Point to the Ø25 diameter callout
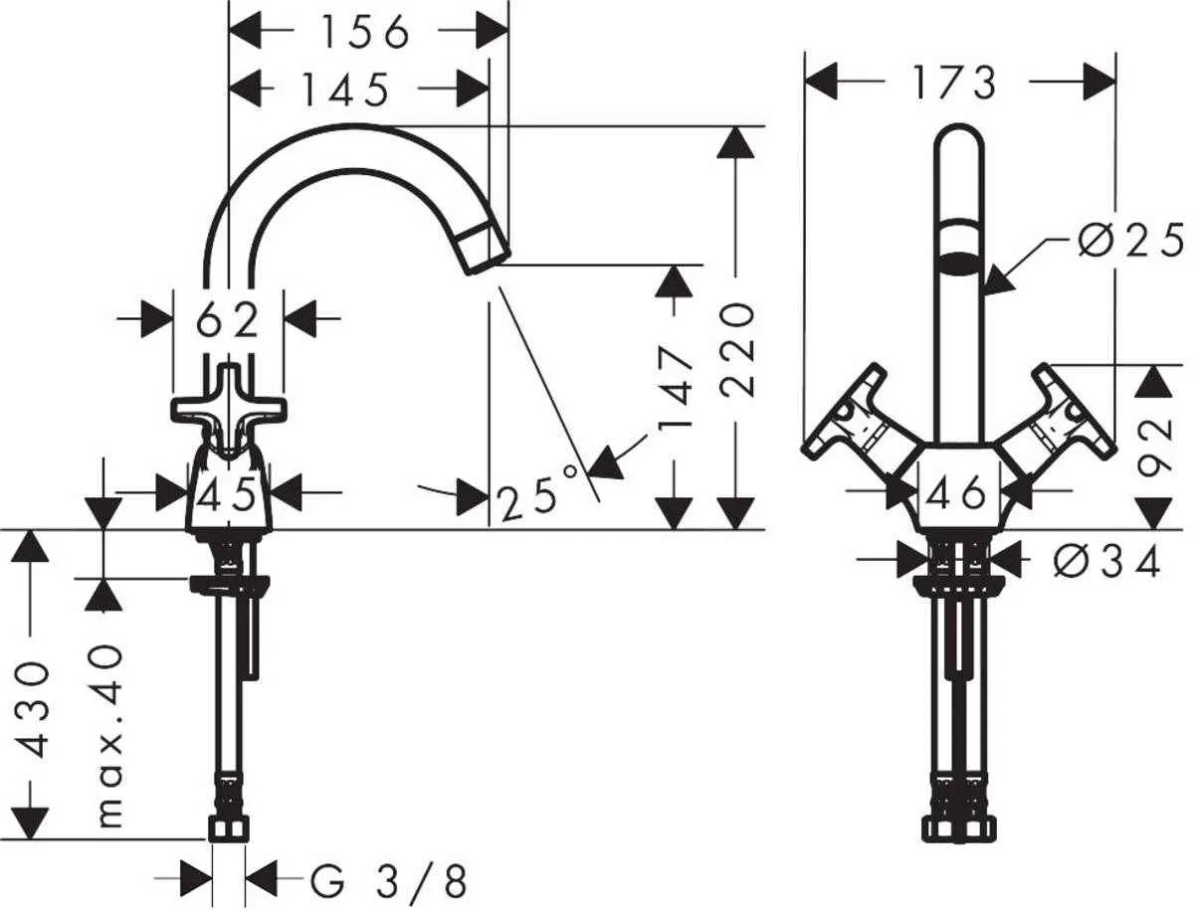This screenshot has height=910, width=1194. pyautogui.click(x=1130, y=242)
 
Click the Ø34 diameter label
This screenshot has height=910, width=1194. pyautogui.click(x=1106, y=563)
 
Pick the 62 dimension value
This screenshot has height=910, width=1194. pyautogui.click(x=228, y=320)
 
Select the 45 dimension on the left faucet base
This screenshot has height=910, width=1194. pyautogui.click(x=229, y=492)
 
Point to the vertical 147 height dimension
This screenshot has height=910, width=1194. pyautogui.click(x=677, y=387)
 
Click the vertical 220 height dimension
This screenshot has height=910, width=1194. pyautogui.click(x=736, y=349)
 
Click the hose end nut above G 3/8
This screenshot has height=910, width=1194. pyautogui.click(x=229, y=829)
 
